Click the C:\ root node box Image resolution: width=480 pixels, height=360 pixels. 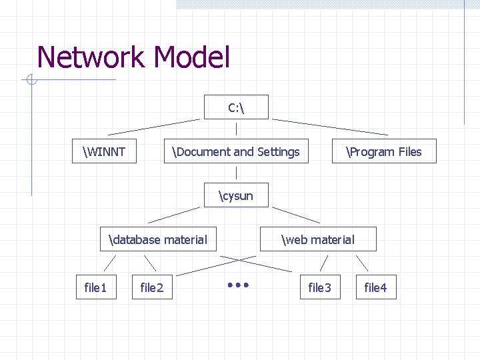tap(237, 107)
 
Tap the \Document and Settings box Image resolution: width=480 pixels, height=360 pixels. tap(236, 151)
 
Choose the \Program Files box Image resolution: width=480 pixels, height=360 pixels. tap(384, 151)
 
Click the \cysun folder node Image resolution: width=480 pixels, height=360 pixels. tap(236, 195)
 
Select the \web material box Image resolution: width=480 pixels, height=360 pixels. tap(319, 239)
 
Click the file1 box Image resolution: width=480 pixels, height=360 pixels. tap(95, 287)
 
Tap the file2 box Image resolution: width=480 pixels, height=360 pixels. tap(151, 287)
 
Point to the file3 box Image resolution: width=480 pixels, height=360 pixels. tap(319, 287)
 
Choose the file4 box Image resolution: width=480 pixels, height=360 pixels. tap(375, 287)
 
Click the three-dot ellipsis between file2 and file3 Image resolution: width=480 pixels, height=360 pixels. tap(237, 285)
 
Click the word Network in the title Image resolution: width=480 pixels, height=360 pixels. tap(90, 57)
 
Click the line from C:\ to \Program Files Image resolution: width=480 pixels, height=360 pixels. tap(329, 127)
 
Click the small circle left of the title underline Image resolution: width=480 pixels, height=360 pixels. tap(31, 81)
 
